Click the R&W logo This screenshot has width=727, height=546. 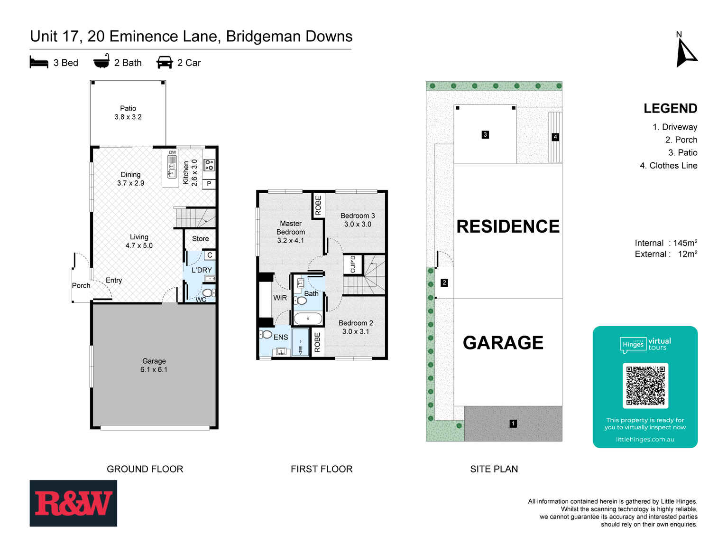(x=73, y=503)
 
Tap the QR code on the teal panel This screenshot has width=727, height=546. (x=645, y=386)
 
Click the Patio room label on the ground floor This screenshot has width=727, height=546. (x=128, y=113)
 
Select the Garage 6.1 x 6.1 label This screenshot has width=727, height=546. (x=154, y=365)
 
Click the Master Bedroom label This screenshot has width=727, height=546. (x=291, y=232)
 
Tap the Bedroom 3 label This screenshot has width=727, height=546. (x=358, y=220)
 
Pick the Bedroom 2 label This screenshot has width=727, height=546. (x=356, y=327)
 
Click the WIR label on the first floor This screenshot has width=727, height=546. (x=280, y=298)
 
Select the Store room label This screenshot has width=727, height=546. (x=200, y=239)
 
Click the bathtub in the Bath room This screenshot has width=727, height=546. (x=308, y=318)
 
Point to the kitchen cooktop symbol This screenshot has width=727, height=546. (x=209, y=165)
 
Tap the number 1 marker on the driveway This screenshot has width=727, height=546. (x=513, y=424)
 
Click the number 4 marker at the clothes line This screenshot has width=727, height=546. (x=555, y=137)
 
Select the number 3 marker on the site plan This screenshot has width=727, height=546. (x=485, y=135)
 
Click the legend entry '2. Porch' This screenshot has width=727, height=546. (x=681, y=140)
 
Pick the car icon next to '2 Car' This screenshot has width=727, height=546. (x=165, y=63)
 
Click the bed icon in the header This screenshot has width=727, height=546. (x=39, y=63)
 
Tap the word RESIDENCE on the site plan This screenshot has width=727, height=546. (x=508, y=226)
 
